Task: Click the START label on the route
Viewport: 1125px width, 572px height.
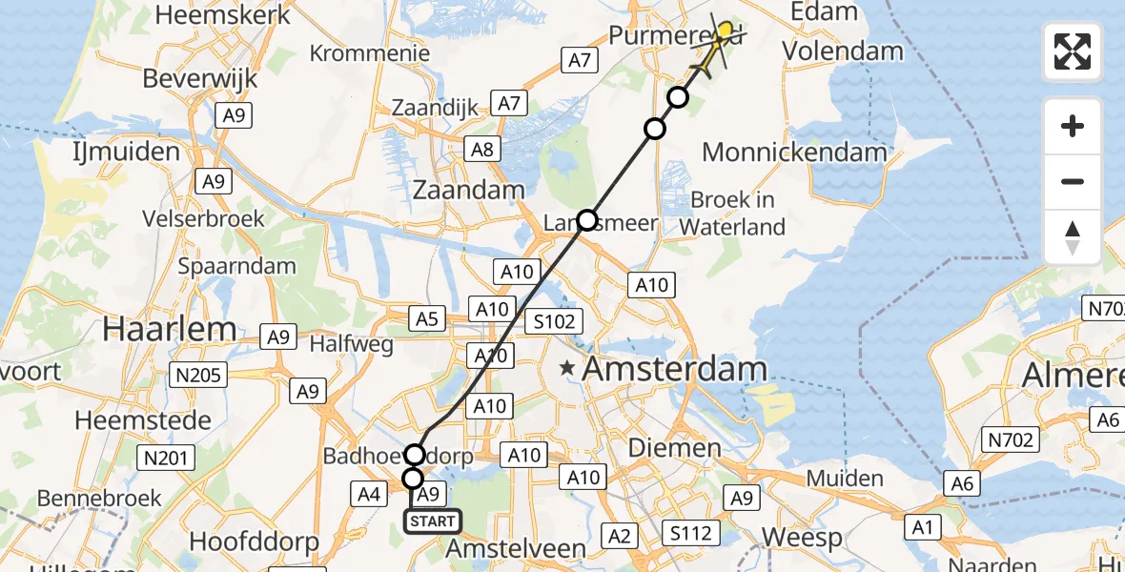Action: tap(433, 521)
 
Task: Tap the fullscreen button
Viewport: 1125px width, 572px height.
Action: tap(1073, 51)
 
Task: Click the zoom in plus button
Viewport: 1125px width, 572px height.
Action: tap(1073, 126)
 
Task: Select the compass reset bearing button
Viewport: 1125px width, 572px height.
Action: tap(1073, 236)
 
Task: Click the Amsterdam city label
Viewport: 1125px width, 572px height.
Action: tap(675, 368)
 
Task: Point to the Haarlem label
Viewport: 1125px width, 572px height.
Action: tap(170, 329)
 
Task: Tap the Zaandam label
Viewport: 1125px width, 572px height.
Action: tap(468, 190)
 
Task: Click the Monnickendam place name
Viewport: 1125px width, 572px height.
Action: tap(794, 152)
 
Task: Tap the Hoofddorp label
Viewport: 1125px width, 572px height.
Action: tap(253, 541)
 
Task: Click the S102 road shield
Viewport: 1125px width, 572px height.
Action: tap(554, 321)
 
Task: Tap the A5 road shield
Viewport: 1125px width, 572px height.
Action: tap(427, 318)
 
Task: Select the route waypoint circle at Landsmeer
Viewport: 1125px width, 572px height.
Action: tap(586, 221)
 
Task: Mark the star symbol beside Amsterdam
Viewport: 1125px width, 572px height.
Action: tap(568, 367)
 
